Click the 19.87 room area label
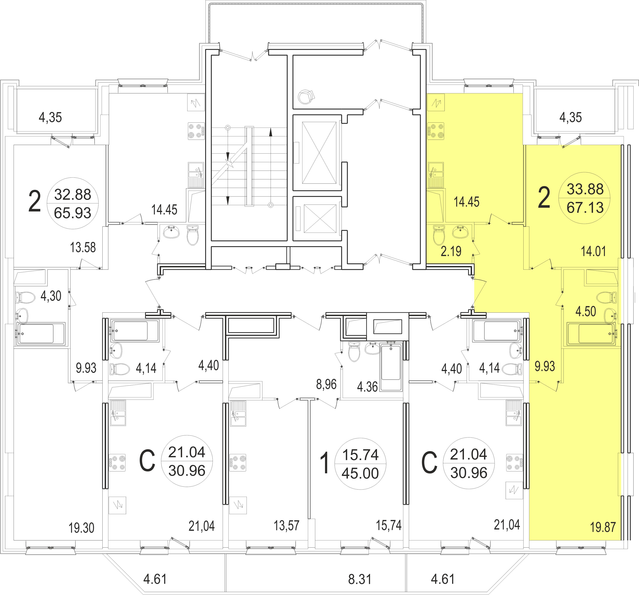603,527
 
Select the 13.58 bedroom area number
83,247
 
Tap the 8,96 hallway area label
326,384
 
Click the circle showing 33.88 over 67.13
585,198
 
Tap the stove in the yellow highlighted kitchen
436,131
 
